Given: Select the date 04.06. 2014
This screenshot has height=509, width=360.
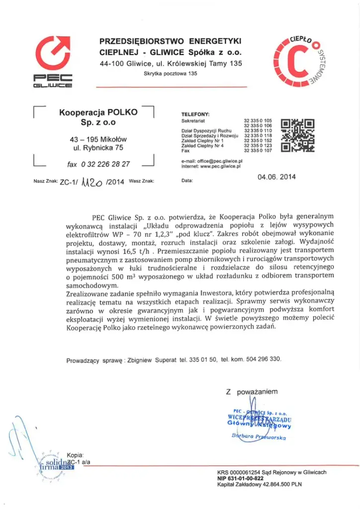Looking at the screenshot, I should (276, 177).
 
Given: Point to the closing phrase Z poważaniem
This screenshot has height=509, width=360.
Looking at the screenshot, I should (252, 392).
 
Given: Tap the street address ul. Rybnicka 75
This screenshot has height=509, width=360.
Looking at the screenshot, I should (98, 148).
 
